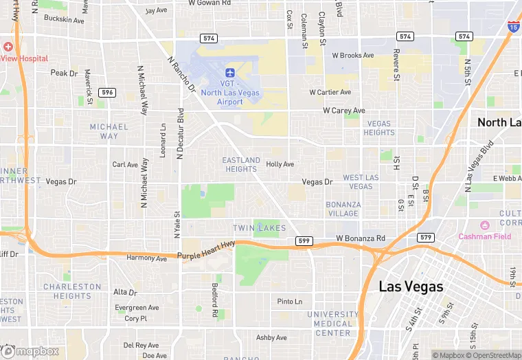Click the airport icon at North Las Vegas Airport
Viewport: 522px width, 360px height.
(230, 72)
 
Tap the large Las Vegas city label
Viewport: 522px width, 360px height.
(411, 286)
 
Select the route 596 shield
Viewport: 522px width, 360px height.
(106, 92)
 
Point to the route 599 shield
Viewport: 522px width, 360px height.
(304, 240)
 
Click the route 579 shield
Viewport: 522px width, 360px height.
(426, 237)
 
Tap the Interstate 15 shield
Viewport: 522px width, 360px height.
(513, 26)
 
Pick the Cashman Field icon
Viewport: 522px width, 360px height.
(485, 225)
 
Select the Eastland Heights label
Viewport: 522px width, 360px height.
(241, 164)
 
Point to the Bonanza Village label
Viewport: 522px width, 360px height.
(343, 209)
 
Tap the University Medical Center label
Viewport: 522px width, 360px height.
(333, 324)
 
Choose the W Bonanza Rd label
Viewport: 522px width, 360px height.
(361, 238)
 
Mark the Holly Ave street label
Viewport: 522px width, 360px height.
(280, 164)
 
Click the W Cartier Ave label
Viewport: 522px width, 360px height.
(330, 92)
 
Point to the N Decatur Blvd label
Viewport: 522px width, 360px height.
(181, 133)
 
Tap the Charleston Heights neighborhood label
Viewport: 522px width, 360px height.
(72, 291)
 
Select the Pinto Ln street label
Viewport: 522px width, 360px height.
(289, 302)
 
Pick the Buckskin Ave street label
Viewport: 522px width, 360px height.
(64, 21)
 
